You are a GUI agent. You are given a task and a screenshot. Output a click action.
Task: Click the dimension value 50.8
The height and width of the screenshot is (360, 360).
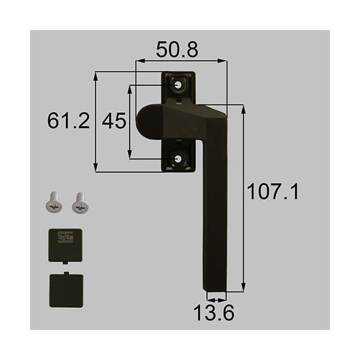click(x=177, y=49)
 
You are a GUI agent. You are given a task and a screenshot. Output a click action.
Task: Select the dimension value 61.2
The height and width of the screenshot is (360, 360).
click(x=68, y=122)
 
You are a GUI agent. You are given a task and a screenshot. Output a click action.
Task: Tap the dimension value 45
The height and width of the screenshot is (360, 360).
click(x=113, y=122)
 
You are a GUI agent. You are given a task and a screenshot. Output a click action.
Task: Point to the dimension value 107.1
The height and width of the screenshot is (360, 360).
click(x=273, y=193)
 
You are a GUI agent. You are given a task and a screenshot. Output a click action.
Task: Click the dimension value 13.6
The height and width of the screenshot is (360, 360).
click(x=215, y=313)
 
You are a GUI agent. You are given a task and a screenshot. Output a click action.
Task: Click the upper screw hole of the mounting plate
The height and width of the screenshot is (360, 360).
click(x=179, y=86)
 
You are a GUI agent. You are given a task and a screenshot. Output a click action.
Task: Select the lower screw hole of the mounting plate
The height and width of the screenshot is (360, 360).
click(x=179, y=158)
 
